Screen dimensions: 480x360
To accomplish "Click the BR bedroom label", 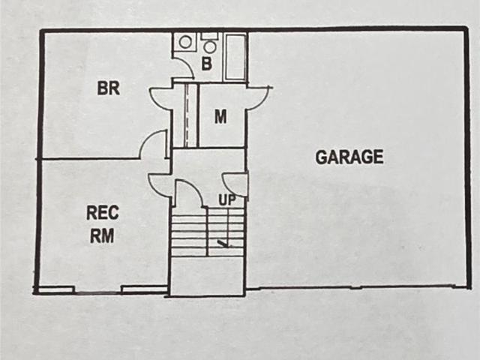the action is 108,88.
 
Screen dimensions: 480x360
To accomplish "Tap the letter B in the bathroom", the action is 207,64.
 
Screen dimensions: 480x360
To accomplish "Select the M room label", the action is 220,117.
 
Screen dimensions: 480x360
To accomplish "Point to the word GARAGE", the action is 349,157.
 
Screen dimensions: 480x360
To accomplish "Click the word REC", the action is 103,213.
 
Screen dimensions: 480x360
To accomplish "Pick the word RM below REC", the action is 102,235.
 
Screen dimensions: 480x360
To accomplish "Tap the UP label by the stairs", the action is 227,200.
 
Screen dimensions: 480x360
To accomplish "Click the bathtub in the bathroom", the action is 235,57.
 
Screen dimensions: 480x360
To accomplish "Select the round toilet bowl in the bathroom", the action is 209,46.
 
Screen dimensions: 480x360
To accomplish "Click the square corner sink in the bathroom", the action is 184,42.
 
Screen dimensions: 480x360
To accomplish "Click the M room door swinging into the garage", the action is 259,98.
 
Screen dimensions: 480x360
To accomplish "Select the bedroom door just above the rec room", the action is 152,144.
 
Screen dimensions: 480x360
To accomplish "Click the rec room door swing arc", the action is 159,185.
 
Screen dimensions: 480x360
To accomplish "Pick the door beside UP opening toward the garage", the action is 234,184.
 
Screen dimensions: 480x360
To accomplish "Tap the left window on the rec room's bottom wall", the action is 55,289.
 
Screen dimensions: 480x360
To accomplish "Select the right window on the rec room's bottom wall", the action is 145,289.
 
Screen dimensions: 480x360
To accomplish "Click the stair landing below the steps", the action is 208,276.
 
